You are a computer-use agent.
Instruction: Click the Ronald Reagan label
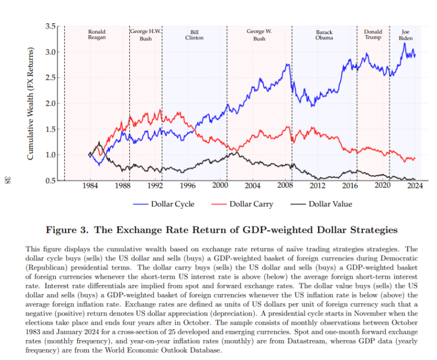coord(97,35)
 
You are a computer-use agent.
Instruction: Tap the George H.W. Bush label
coord(146,35)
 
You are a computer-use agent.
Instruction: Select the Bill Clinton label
coord(194,35)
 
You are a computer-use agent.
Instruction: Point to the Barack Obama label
coord(324,35)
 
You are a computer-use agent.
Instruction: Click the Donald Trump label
coord(373,35)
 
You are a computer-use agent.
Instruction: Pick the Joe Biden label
coord(405,35)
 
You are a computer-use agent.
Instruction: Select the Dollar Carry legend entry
coord(242,204)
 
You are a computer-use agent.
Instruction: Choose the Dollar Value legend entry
coord(321,204)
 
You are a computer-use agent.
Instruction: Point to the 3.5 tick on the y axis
coord(51,27)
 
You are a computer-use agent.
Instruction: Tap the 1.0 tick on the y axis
coord(51,155)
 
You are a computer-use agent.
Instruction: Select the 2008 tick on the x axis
coord(285,186)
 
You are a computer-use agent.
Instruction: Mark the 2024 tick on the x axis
coord(415,186)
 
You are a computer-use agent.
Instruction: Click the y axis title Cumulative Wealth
coord(32,104)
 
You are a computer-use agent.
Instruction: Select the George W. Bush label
coord(259,35)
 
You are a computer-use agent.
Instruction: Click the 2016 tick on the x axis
coord(351,186)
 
